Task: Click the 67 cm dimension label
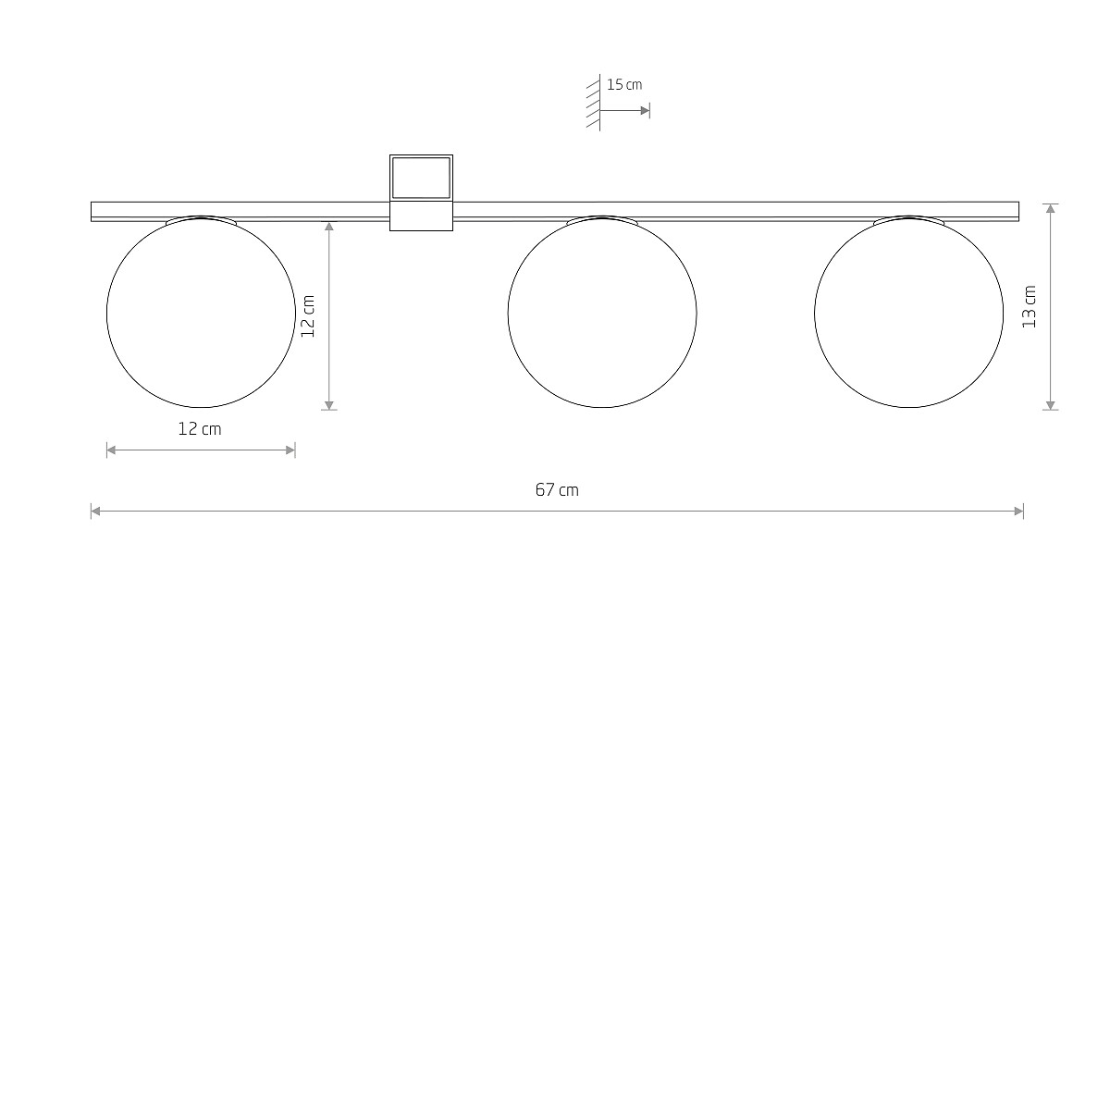coord(557,489)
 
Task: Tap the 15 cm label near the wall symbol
coord(624,85)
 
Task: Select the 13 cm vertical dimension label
coord(1030,307)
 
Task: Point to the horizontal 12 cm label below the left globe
coord(199,429)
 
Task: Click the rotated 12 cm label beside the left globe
coord(308,316)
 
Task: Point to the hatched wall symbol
coord(594,103)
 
